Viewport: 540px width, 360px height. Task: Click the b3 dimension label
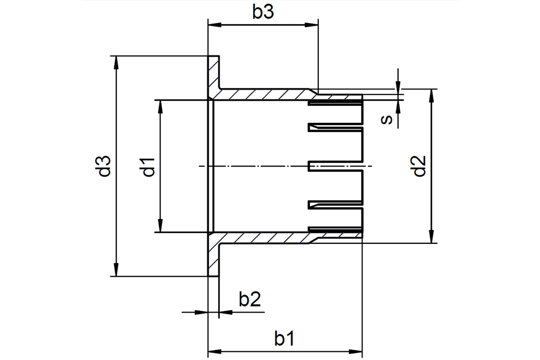pos(263,12)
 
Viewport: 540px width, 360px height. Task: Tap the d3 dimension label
pos(104,166)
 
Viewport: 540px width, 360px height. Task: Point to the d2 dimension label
pos(420,167)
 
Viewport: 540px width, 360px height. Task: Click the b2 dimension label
pos(250,299)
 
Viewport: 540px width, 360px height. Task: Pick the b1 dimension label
pos(284,338)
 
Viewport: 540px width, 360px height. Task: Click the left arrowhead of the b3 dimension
pos(214,25)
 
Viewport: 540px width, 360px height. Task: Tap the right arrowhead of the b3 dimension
pos(312,25)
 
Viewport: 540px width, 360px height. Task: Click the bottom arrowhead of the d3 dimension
pos(116,269)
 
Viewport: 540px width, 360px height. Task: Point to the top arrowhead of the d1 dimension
pos(159,107)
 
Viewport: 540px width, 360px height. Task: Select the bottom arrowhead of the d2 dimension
pos(430,237)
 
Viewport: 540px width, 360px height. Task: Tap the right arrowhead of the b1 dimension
pos(356,352)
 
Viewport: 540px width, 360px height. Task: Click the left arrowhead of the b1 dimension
pos(214,352)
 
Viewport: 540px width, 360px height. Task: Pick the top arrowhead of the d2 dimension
pos(430,96)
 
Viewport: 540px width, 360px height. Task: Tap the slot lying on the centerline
pos(335,167)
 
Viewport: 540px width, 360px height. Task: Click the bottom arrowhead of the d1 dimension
pos(159,226)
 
